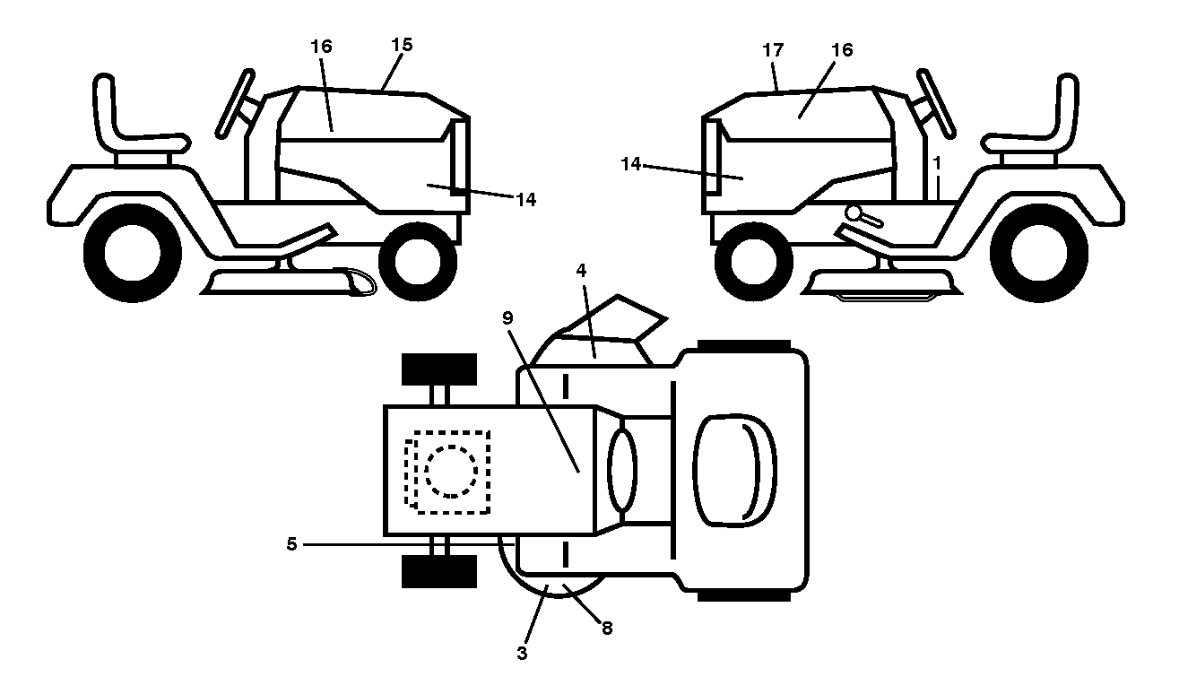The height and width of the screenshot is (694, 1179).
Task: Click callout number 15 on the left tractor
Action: click(403, 45)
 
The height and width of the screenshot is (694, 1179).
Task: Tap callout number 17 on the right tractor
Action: click(773, 50)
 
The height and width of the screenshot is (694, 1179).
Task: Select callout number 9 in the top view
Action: click(507, 318)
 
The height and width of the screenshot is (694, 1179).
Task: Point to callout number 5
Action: click(291, 544)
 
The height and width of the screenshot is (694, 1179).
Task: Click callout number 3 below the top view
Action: click(522, 654)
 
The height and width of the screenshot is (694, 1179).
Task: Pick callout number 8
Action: click(607, 628)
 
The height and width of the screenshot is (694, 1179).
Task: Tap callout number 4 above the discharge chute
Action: click(581, 271)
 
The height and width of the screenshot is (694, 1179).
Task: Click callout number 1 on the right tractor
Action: click(936, 163)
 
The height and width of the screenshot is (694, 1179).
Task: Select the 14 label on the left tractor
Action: click(525, 200)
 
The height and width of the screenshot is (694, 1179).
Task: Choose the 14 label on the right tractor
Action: click(631, 164)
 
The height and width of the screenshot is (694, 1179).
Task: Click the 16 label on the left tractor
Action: click(322, 47)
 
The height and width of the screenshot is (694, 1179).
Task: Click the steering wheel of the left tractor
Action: click(235, 104)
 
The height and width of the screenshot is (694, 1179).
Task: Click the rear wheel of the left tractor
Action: click(133, 253)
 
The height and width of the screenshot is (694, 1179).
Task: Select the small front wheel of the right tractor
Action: click(754, 262)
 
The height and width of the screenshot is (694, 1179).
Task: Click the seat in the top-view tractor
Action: click(735, 471)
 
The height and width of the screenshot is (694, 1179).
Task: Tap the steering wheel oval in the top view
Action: click(622, 470)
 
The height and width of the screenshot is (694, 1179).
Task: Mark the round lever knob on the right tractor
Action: click(854, 213)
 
